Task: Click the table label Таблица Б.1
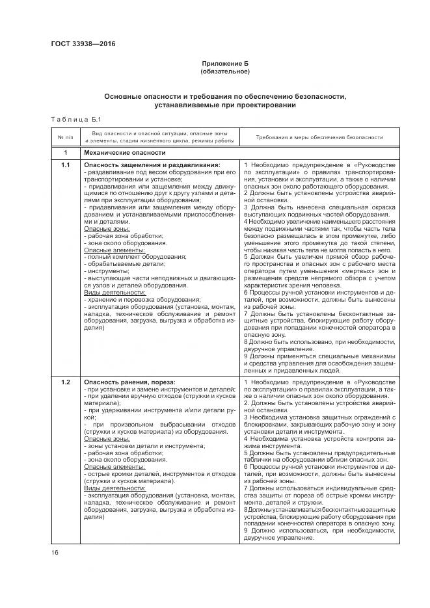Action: [72, 119]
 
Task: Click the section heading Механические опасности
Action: [124, 153]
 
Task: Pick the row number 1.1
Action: [65, 165]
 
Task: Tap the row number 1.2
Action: [65, 381]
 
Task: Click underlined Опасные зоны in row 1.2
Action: [107, 439]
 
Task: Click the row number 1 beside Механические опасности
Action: [65, 153]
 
